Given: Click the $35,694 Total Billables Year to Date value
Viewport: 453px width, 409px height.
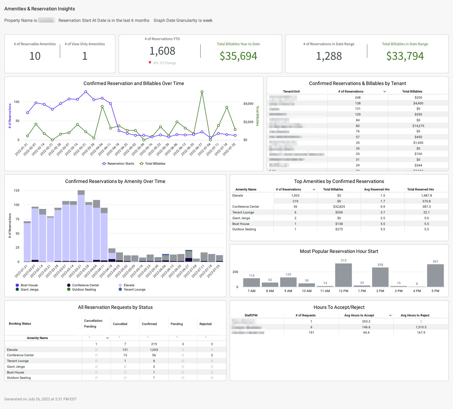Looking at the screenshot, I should coord(238,56).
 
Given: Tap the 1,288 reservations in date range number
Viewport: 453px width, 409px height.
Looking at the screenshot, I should coord(329,56).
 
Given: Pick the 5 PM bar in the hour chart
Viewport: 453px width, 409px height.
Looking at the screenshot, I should coord(435,275).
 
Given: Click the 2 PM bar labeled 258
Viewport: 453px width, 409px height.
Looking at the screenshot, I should coord(380,277).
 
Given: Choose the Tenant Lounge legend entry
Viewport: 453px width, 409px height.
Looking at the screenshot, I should coord(134,290).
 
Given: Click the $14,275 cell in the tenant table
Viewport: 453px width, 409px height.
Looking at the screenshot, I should coord(418,126).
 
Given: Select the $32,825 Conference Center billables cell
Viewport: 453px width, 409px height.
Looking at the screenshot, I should coord(339,207).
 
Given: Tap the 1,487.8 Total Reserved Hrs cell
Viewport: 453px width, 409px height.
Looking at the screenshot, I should coord(426,196).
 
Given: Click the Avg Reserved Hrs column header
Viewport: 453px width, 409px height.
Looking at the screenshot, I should coord(376,189).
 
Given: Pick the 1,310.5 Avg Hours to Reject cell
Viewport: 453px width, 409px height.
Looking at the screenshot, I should coord(421,327).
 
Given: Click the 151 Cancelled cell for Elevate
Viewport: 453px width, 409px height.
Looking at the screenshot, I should coord(125,350).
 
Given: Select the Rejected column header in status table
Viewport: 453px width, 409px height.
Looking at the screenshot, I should coord(205,324).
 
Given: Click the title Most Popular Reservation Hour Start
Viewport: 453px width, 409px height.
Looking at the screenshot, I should coord(339,251).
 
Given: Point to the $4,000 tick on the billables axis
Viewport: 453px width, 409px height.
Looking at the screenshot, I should coord(248,104).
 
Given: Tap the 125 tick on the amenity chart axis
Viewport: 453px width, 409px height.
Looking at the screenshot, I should coord(17,191).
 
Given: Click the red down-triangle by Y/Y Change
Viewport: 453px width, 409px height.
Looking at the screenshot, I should coord(150,63).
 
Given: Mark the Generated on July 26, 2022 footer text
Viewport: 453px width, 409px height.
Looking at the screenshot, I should coord(40,399).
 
